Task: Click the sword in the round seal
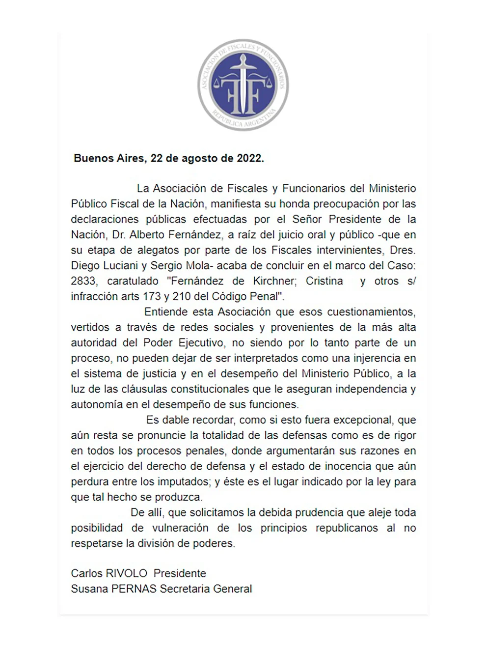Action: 243,84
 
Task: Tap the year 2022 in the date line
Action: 249,158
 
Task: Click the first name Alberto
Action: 148,235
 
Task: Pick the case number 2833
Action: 83,281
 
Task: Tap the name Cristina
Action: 325,281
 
